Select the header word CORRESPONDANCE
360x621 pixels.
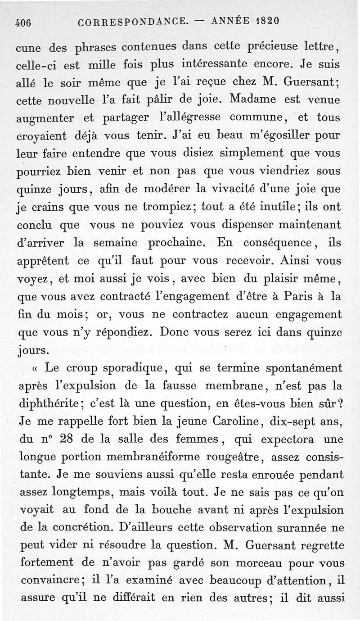133,22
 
